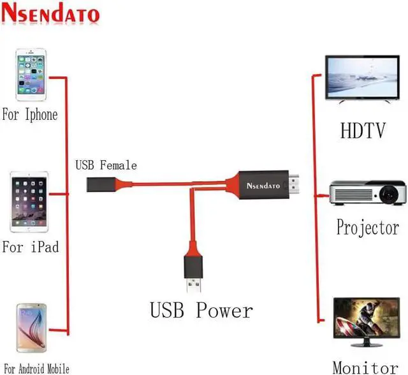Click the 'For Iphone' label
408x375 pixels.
tap(30, 115)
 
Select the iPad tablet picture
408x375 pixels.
tap(29, 202)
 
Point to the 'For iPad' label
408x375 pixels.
tap(30, 246)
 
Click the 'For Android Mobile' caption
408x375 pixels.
tap(36, 368)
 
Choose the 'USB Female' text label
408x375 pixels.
tap(106, 166)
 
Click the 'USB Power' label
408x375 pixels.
tap(201, 311)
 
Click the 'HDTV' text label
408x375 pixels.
tap(363, 131)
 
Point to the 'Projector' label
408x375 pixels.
tap(368, 228)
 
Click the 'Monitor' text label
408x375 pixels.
tap(365, 367)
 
